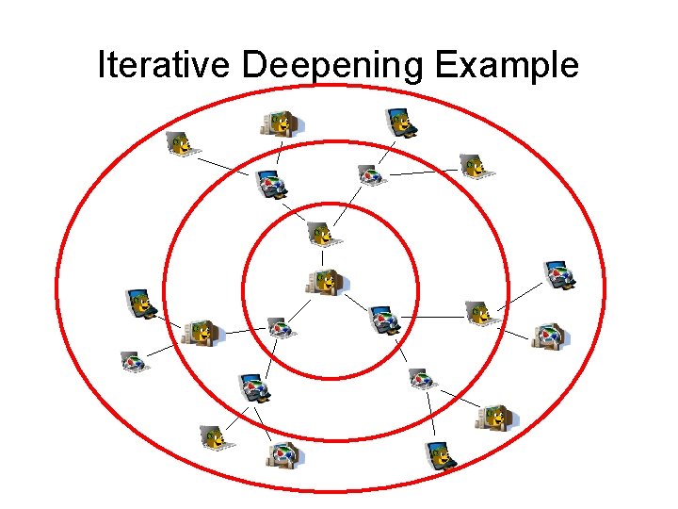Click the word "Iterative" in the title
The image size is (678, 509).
pyautogui.click(x=165, y=65)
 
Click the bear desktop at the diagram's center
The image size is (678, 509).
pyautogui.click(x=325, y=281)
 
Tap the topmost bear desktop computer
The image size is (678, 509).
pyautogui.click(x=281, y=123)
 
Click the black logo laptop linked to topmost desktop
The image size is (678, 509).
pyautogui.click(x=272, y=184)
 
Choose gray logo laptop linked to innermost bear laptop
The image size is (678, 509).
pyautogui.click(x=370, y=174)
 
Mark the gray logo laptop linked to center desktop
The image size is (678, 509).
pyautogui.click(x=277, y=326)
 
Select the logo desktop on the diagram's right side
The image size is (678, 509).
pyautogui.click(x=548, y=336)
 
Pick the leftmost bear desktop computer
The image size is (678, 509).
pyautogui.click(x=201, y=330)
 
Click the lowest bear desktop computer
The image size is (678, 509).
pyautogui.click(x=494, y=417)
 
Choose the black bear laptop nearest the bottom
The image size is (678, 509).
pyautogui.click(x=440, y=455)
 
